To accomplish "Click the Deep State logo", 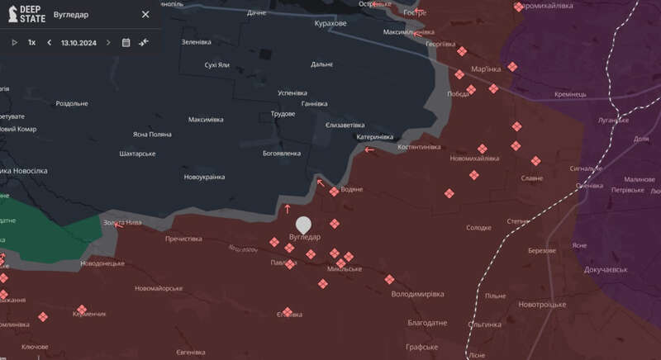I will pyautogui.click(x=27, y=14).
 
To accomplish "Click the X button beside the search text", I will pyautogui.click(x=145, y=14).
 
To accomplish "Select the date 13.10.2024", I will pyautogui.click(x=78, y=42).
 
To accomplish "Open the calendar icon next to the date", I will pyautogui.click(x=126, y=42).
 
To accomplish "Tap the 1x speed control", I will pyautogui.click(x=31, y=42).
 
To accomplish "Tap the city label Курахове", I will pyautogui.click(x=331, y=24).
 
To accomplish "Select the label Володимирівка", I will pyautogui.click(x=417, y=293).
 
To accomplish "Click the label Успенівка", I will pyautogui.click(x=292, y=93).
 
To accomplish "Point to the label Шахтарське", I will pyautogui.click(x=138, y=154).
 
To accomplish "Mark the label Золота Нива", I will pyautogui.click(x=122, y=223).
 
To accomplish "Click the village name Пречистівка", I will pyautogui.click(x=183, y=239).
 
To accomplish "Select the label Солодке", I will pyautogui.click(x=478, y=227).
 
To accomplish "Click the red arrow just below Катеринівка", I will pyautogui.click(x=369, y=149).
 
